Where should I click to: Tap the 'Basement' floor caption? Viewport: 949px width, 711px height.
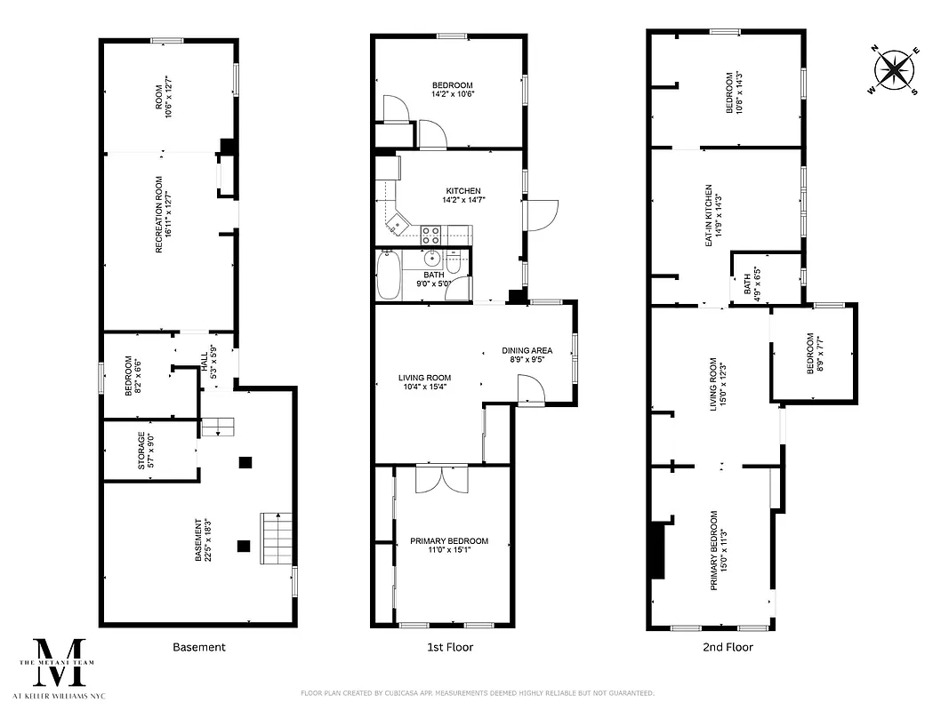(x=198, y=647)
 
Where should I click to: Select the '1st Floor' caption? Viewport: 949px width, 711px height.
(x=449, y=647)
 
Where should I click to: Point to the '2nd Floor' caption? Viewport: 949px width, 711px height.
(x=728, y=647)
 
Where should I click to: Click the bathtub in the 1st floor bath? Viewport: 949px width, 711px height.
(x=388, y=276)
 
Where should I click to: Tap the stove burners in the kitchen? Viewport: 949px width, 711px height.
(x=430, y=235)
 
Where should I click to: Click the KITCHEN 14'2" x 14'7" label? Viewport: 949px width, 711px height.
(x=463, y=196)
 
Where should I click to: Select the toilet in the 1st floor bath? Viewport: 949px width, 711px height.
(x=453, y=265)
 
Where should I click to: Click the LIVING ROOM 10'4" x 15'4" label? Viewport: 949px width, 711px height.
(x=425, y=383)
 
